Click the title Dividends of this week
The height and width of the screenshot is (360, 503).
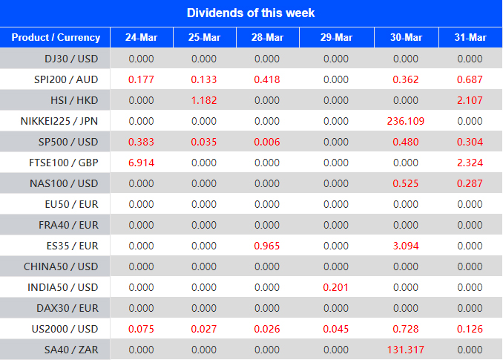coord(251,13)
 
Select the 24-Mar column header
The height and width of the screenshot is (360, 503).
coord(142,38)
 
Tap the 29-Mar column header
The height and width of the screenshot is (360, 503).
coord(336,38)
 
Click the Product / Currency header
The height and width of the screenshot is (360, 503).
coord(56,38)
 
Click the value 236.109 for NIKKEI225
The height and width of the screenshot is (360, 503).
coord(406,121)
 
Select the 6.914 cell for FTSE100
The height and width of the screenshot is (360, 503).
coord(141,163)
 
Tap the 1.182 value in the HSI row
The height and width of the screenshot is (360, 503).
coord(204,100)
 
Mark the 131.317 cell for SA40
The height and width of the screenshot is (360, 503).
coord(406,349)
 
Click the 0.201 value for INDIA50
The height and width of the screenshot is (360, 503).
coord(336,287)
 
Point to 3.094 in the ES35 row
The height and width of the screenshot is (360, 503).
coord(406,246)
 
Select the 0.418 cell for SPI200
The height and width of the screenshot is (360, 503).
coord(267,79)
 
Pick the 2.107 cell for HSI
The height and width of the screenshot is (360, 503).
coord(470,100)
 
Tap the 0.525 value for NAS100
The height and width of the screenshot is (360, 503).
coord(406,183)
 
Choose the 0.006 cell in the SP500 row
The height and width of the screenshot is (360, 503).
coord(267,142)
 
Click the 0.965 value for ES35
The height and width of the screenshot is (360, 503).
coord(267,246)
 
